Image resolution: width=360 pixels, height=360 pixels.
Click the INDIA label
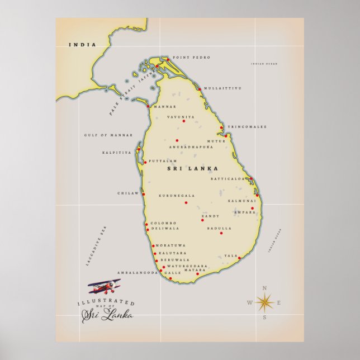tap(82, 45)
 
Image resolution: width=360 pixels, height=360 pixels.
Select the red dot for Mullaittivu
tap(200, 89)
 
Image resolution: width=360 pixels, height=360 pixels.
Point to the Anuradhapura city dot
tap(177, 140)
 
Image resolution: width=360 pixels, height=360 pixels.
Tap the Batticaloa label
tap(228, 179)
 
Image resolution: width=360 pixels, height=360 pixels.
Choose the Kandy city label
tap(210, 216)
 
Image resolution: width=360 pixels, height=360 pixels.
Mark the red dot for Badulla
tap(221, 233)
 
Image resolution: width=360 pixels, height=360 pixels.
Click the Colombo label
tap(163, 223)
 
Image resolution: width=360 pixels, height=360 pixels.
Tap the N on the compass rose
tap(264, 288)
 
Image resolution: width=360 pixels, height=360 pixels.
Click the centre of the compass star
tap(264, 303)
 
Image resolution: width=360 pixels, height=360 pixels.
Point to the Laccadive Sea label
tap(96, 246)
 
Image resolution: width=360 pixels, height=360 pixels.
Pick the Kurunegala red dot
tap(186, 202)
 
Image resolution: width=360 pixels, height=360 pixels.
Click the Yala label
tap(231, 255)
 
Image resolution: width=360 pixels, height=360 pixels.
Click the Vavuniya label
tap(181, 117)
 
